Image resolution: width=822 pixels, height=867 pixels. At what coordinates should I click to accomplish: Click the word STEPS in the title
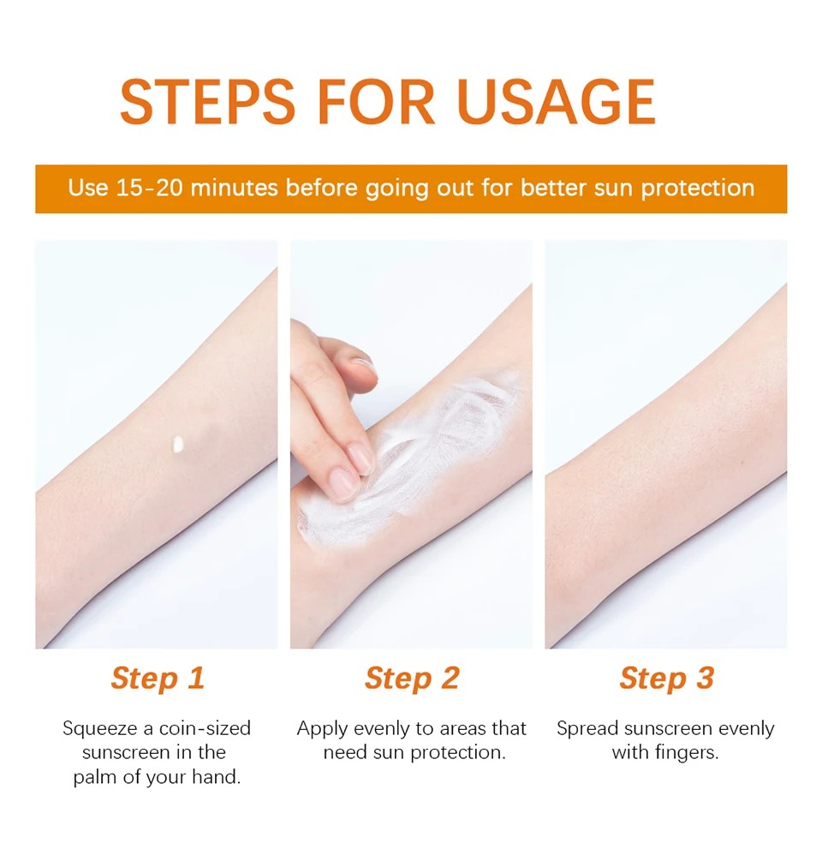click(x=207, y=102)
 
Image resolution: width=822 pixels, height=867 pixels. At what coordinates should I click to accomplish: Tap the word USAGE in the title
click(x=557, y=102)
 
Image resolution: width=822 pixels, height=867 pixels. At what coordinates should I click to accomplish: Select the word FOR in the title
click(x=377, y=102)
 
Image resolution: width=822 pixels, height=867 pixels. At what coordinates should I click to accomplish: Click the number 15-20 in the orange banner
click(x=149, y=188)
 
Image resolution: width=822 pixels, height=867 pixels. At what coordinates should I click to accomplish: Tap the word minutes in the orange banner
click(x=234, y=188)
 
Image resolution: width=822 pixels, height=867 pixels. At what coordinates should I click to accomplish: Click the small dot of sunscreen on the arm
click(x=178, y=444)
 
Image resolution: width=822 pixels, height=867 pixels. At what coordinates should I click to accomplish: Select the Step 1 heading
click(x=158, y=679)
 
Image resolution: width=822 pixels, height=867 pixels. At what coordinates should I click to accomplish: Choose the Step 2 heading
click(x=412, y=679)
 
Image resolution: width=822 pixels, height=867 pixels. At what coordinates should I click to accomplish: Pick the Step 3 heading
click(x=667, y=679)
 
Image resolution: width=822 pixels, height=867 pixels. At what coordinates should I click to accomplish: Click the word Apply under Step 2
click(x=322, y=729)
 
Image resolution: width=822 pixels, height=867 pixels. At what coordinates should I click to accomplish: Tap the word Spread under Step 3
click(x=587, y=729)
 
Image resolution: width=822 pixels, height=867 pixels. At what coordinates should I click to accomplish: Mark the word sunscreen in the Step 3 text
click(x=668, y=729)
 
